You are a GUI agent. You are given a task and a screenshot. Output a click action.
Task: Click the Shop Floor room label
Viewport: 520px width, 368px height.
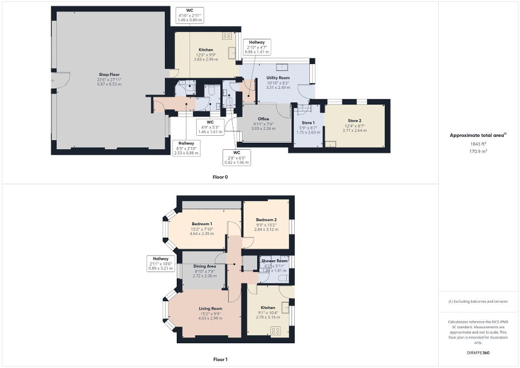point(109,74)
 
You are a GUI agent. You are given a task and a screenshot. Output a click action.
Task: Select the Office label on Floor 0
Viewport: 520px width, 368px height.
point(264,119)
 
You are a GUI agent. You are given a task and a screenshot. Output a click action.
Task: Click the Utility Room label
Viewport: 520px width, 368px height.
point(278,78)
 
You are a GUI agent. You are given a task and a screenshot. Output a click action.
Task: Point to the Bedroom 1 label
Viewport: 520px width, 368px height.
point(202,224)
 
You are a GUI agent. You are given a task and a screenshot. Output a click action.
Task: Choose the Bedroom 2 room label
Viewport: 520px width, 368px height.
point(266,220)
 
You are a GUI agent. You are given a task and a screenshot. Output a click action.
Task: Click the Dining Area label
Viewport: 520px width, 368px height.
point(204,266)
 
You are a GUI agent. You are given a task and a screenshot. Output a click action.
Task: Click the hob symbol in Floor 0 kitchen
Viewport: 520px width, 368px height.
point(227,37)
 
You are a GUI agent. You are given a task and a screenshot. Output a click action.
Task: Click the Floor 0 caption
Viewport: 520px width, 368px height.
point(220,177)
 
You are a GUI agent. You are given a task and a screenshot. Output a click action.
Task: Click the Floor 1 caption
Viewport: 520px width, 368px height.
point(220,359)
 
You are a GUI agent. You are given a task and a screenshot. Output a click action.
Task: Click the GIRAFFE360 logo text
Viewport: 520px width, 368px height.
point(479,353)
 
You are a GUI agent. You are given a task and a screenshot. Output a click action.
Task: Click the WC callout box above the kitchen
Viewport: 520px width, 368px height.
point(190,15)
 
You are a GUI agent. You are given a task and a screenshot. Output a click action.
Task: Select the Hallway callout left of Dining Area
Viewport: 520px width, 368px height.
point(160,263)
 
